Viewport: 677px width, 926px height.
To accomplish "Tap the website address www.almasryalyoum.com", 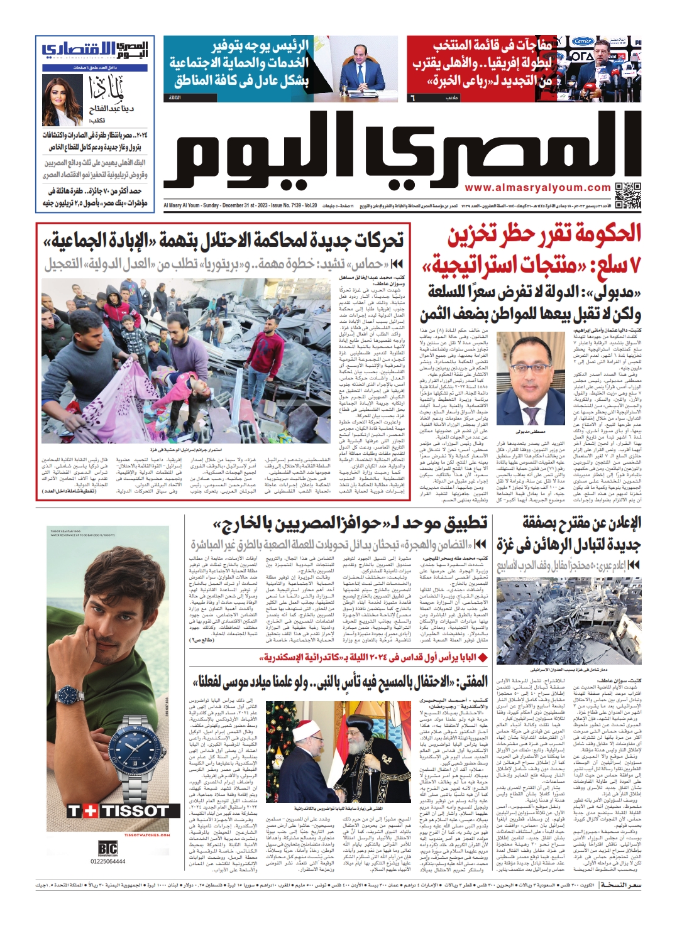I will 537,188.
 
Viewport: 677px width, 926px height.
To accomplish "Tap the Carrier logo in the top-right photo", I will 583,41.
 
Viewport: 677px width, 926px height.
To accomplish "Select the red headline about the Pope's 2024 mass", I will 373,658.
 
